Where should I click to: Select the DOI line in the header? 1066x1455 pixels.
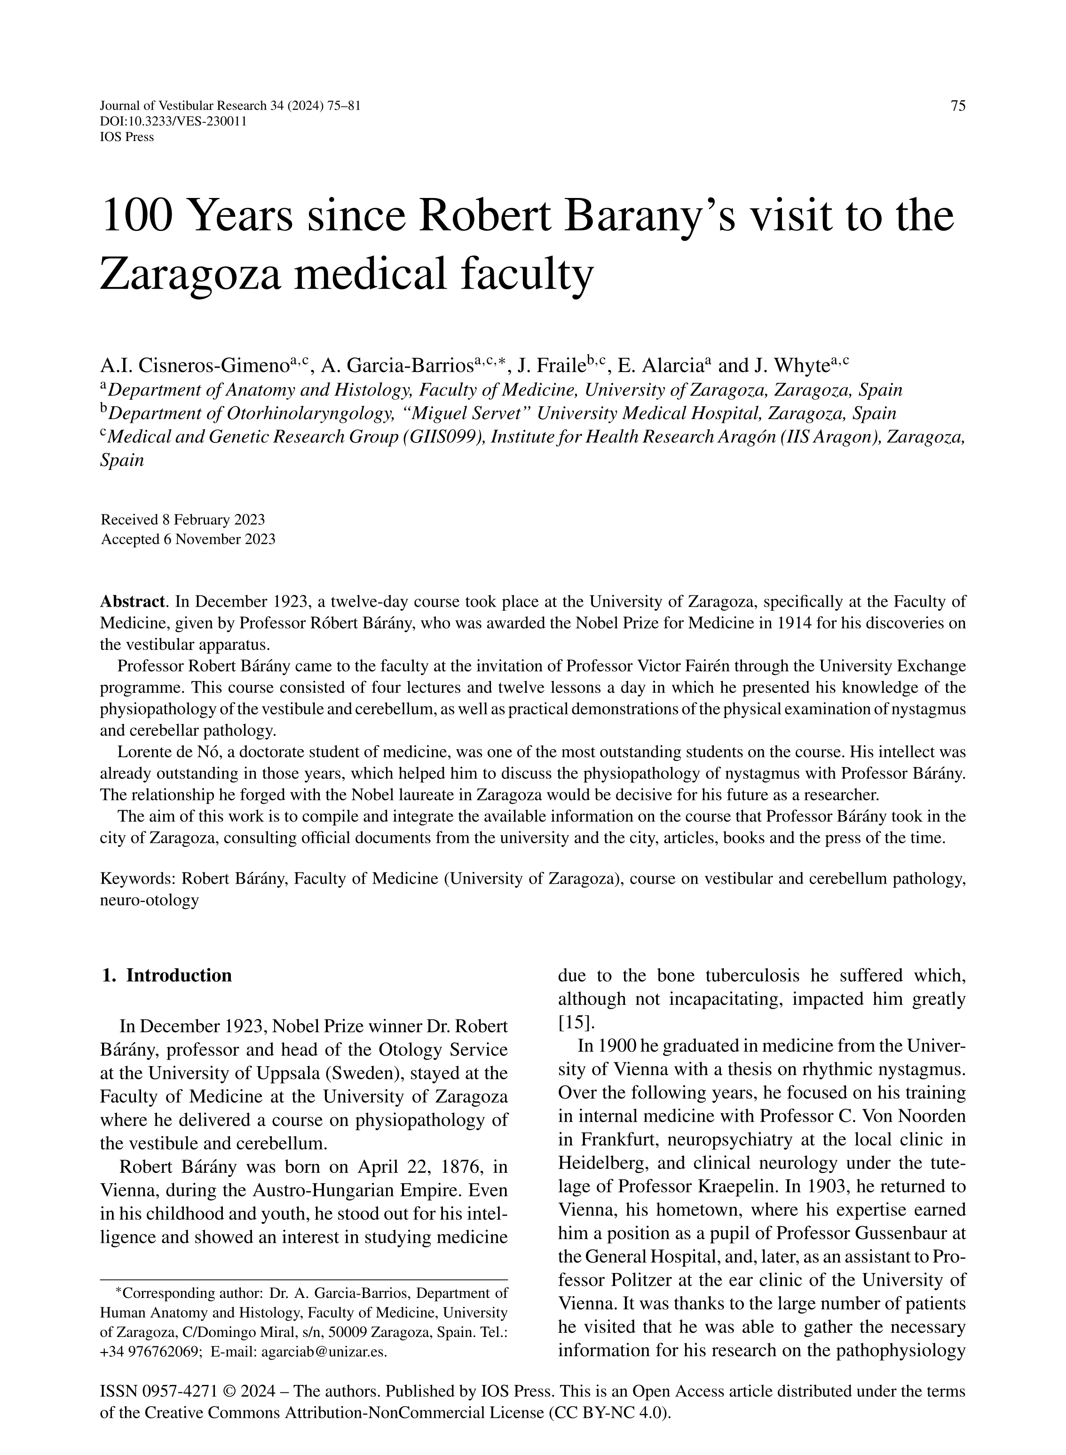[174, 121]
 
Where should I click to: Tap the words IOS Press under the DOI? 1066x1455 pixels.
[127, 137]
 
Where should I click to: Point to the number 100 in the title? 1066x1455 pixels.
[137, 217]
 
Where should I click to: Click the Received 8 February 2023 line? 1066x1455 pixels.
[182, 520]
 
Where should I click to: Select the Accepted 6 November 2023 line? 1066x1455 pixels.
[188, 539]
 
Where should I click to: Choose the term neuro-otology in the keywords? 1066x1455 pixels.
[149, 901]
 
